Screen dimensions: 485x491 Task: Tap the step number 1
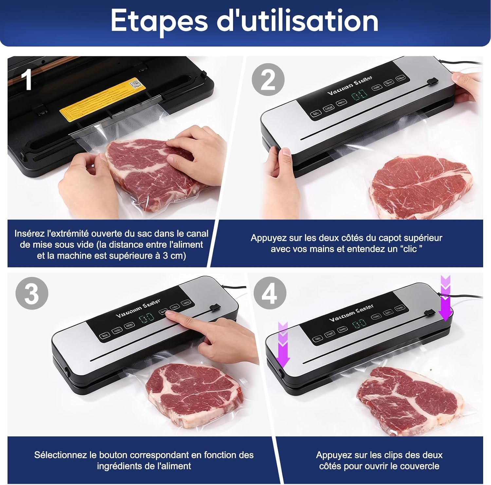click(x=26, y=80)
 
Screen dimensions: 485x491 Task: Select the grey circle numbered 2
click(x=268, y=80)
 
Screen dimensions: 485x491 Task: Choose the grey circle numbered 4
click(x=270, y=293)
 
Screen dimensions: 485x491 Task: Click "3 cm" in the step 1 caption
click(x=173, y=256)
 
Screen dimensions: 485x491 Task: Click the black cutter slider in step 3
click(x=214, y=307)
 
